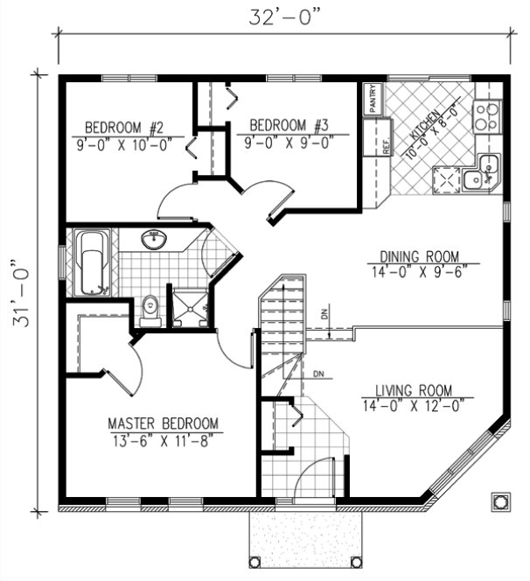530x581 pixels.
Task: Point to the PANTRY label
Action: [x=373, y=98]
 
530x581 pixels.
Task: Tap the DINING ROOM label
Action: [x=419, y=256]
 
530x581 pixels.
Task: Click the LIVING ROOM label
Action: [x=413, y=390]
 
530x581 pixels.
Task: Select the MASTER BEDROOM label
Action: [x=164, y=423]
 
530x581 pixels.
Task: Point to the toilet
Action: [x=150, y=309]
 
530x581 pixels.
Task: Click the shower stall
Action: [x=189, y=307]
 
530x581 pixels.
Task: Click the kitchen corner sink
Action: [x=482, y=171]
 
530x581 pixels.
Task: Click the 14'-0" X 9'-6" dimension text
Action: [x=419, y=271]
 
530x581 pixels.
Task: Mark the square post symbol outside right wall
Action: [x=500, y=500]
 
